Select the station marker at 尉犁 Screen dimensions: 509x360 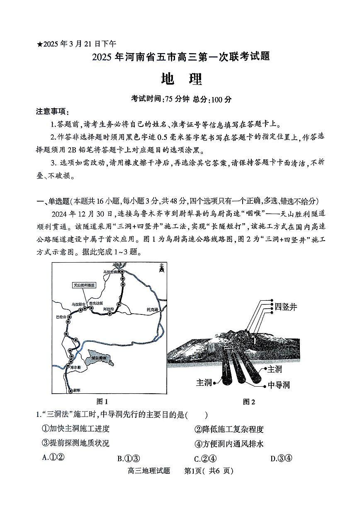(x=69, y=390)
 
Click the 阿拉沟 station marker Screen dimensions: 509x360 (x=109, y=314)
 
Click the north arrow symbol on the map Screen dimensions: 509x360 (x=161, y=269)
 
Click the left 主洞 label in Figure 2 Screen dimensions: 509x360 (x=204, y=382)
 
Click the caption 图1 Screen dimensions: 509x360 (x=102, y=401)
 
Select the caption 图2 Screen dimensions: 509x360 (x=249, y=401)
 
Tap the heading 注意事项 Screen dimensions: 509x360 (x=53, y=112)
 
